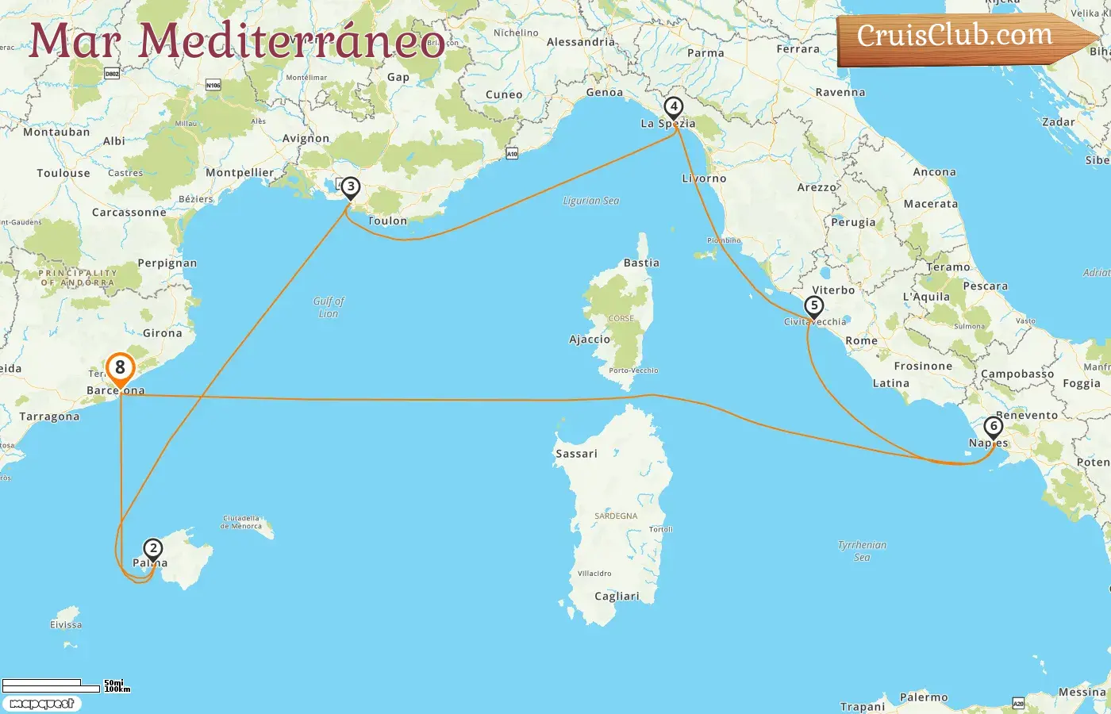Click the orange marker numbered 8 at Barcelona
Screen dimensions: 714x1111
click(x=120, y=368)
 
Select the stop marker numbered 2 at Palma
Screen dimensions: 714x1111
click(x=152, y=549)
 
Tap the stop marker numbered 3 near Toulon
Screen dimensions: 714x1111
click(x=350, y=188)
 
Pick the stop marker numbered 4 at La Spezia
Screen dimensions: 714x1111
click(x=673, y=107)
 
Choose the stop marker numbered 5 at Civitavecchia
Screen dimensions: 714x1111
click(x=813, y=306)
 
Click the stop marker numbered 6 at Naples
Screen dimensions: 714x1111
click(x=993, y=427)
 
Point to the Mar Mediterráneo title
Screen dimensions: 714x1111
click(x=236, y=41)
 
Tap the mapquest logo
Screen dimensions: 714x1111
click(x=41, y=704)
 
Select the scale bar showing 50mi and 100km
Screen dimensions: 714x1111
click(x=63, y=685)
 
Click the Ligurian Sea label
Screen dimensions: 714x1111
click(x=590, y=201)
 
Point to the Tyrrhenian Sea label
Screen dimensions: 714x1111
click(x=862, y=551)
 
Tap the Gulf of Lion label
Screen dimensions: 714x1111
click(x=329, y=307)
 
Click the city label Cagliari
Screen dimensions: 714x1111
click(x=617, y=597)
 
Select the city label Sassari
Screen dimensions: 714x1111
click(x=576, y=454)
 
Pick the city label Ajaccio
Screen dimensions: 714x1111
click(x=590, y=340)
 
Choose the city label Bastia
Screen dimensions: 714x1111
click(x=641, y=263)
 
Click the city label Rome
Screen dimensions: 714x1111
click(x=861, y=341)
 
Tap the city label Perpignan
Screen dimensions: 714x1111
click(x=167, y=263)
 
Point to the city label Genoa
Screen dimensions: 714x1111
click(x=604, y=93)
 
